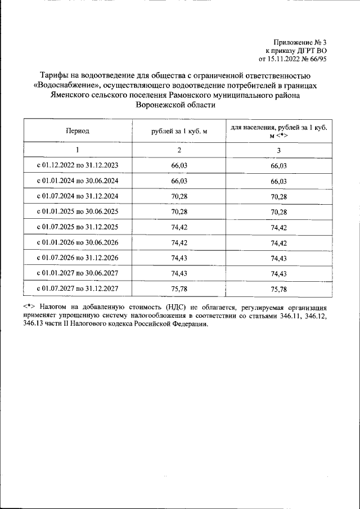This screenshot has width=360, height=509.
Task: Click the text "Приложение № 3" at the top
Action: [x=300, y=42]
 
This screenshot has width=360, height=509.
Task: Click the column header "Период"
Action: [x=77, y=131]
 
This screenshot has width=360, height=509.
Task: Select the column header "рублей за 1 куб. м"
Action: [x=179, y=131]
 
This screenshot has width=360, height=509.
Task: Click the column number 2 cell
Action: [x=179, y=150]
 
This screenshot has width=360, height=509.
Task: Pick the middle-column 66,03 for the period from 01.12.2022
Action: [x=179, y=166]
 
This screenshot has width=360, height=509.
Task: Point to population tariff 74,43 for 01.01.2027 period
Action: [x=278, y=274]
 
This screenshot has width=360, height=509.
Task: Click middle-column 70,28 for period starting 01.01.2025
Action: [x=179, y=212]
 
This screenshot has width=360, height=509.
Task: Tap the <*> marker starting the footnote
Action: [x=29, y=308]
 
